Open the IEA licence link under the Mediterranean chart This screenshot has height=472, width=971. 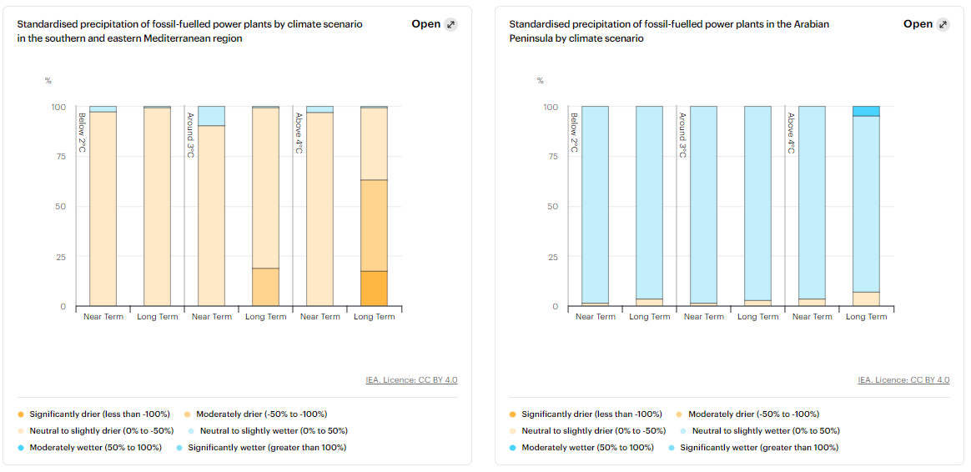tap(411, 380)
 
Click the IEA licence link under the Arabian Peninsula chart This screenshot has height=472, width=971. tap(903, 380)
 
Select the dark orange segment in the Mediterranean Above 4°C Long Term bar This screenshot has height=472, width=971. tap(374, 289)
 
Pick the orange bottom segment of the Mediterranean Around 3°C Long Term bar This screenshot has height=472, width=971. tap(265, 287)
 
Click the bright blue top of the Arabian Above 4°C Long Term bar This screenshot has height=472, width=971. tap(866, 111)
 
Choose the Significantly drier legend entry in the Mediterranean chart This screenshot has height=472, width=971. tap(93, 414)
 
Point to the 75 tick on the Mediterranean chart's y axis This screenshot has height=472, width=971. tap(58, 157)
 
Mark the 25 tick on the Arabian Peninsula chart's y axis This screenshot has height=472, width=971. tap(551, 257)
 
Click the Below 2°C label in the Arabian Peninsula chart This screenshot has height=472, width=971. tap(574, 133)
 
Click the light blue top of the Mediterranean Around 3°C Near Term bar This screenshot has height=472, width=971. tap(211, 115)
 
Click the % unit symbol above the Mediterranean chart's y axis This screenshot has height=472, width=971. tap(48, 81)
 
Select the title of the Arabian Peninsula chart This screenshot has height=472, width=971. tap(669, 31)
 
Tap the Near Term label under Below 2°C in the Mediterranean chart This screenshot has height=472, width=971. tap(103, 317)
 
